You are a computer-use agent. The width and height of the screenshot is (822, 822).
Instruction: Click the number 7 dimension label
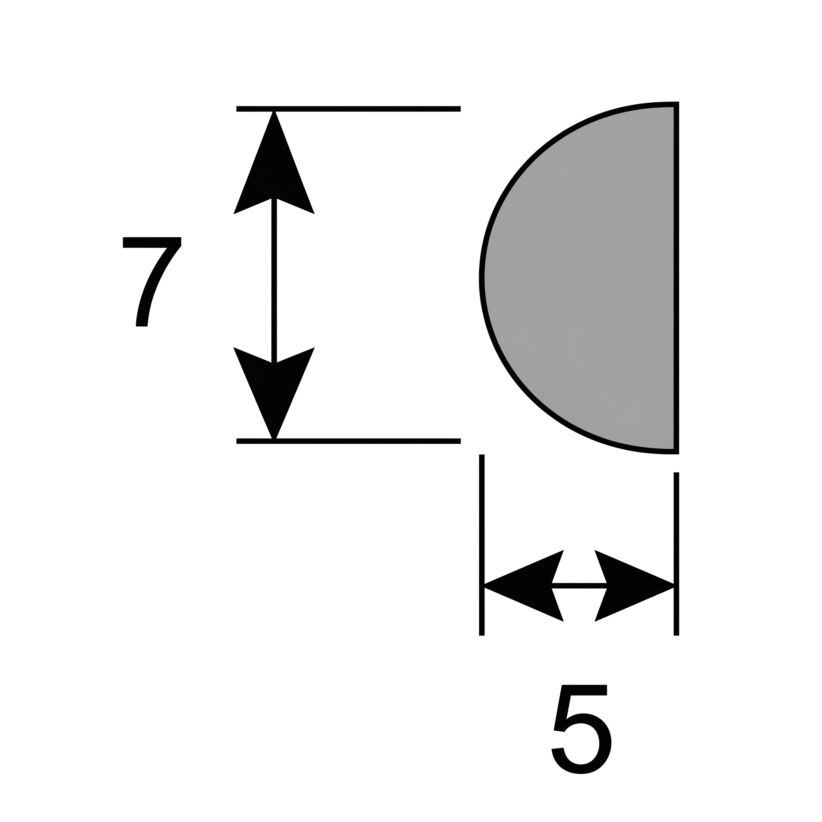pos(152,282)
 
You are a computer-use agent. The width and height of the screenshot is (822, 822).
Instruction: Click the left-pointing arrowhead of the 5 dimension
pos(524,586)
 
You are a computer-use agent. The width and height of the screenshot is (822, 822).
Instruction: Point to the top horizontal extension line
pos(348,109)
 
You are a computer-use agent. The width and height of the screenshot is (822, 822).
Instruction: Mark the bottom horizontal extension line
pos(348,441)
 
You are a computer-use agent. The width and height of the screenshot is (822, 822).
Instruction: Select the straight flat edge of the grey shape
pos(676,278)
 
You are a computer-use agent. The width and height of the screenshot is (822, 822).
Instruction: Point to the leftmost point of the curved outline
pos(482,278)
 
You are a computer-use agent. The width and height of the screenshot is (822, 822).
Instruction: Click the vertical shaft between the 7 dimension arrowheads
pos(274,281)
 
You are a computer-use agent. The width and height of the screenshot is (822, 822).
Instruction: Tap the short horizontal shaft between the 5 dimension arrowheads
pos(579,586)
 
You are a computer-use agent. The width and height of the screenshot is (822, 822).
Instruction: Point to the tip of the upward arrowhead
pos(274,111)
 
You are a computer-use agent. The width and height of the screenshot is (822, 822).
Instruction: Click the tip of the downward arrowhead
pos(274,440)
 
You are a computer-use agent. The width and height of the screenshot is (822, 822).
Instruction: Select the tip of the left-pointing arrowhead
pos(484,586)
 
